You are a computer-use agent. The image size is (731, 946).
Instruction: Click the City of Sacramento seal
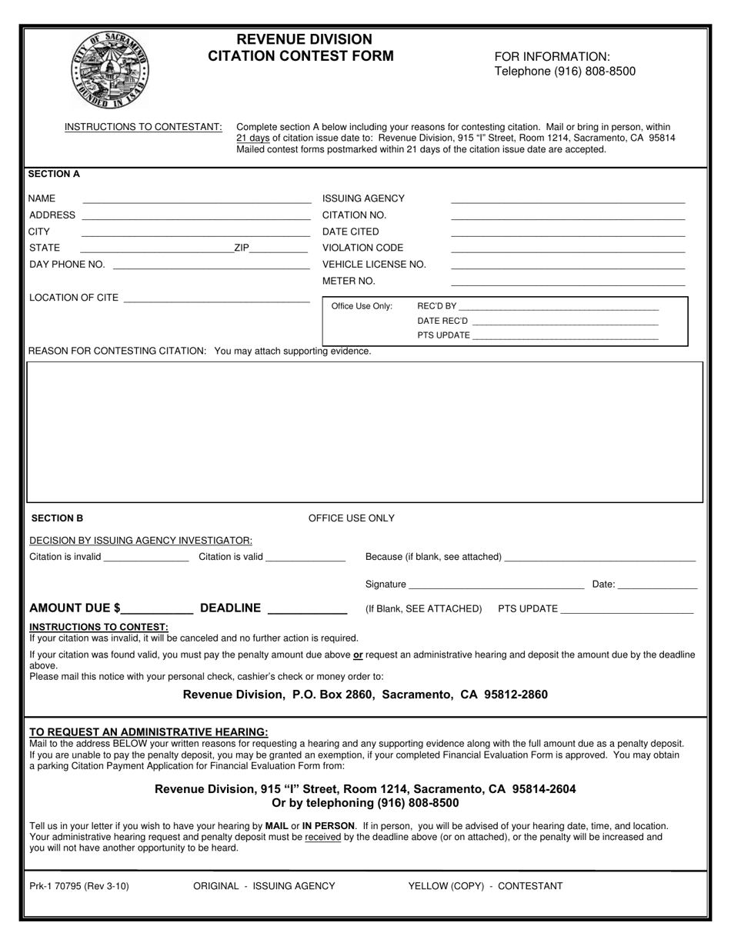[109, 70]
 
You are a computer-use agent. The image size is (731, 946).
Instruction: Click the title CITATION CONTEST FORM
[301, 56]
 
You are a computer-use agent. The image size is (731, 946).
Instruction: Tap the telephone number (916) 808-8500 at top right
[565, 72]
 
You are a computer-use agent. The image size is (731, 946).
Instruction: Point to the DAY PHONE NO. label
[67, 265]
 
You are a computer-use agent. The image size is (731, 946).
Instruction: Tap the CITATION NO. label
[355, 215]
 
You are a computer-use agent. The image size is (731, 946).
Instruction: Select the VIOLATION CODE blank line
[567, 250]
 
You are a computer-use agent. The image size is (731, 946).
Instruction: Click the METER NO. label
[349, 281]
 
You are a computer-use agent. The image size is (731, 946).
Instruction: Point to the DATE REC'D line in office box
[566, 323]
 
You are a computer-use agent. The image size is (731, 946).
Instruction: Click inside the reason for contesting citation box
[365, 431]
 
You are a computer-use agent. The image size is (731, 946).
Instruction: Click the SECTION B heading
[57, 518]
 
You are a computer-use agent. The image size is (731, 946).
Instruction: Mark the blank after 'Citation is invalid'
[145, 559]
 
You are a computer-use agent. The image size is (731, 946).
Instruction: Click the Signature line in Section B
[496, 587]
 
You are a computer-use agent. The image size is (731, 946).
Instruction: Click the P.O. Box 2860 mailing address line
[365, 695]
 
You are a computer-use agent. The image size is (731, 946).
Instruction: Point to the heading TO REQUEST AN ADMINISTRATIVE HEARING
[149, 732]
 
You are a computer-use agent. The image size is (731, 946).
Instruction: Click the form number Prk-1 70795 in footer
[79, 886]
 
